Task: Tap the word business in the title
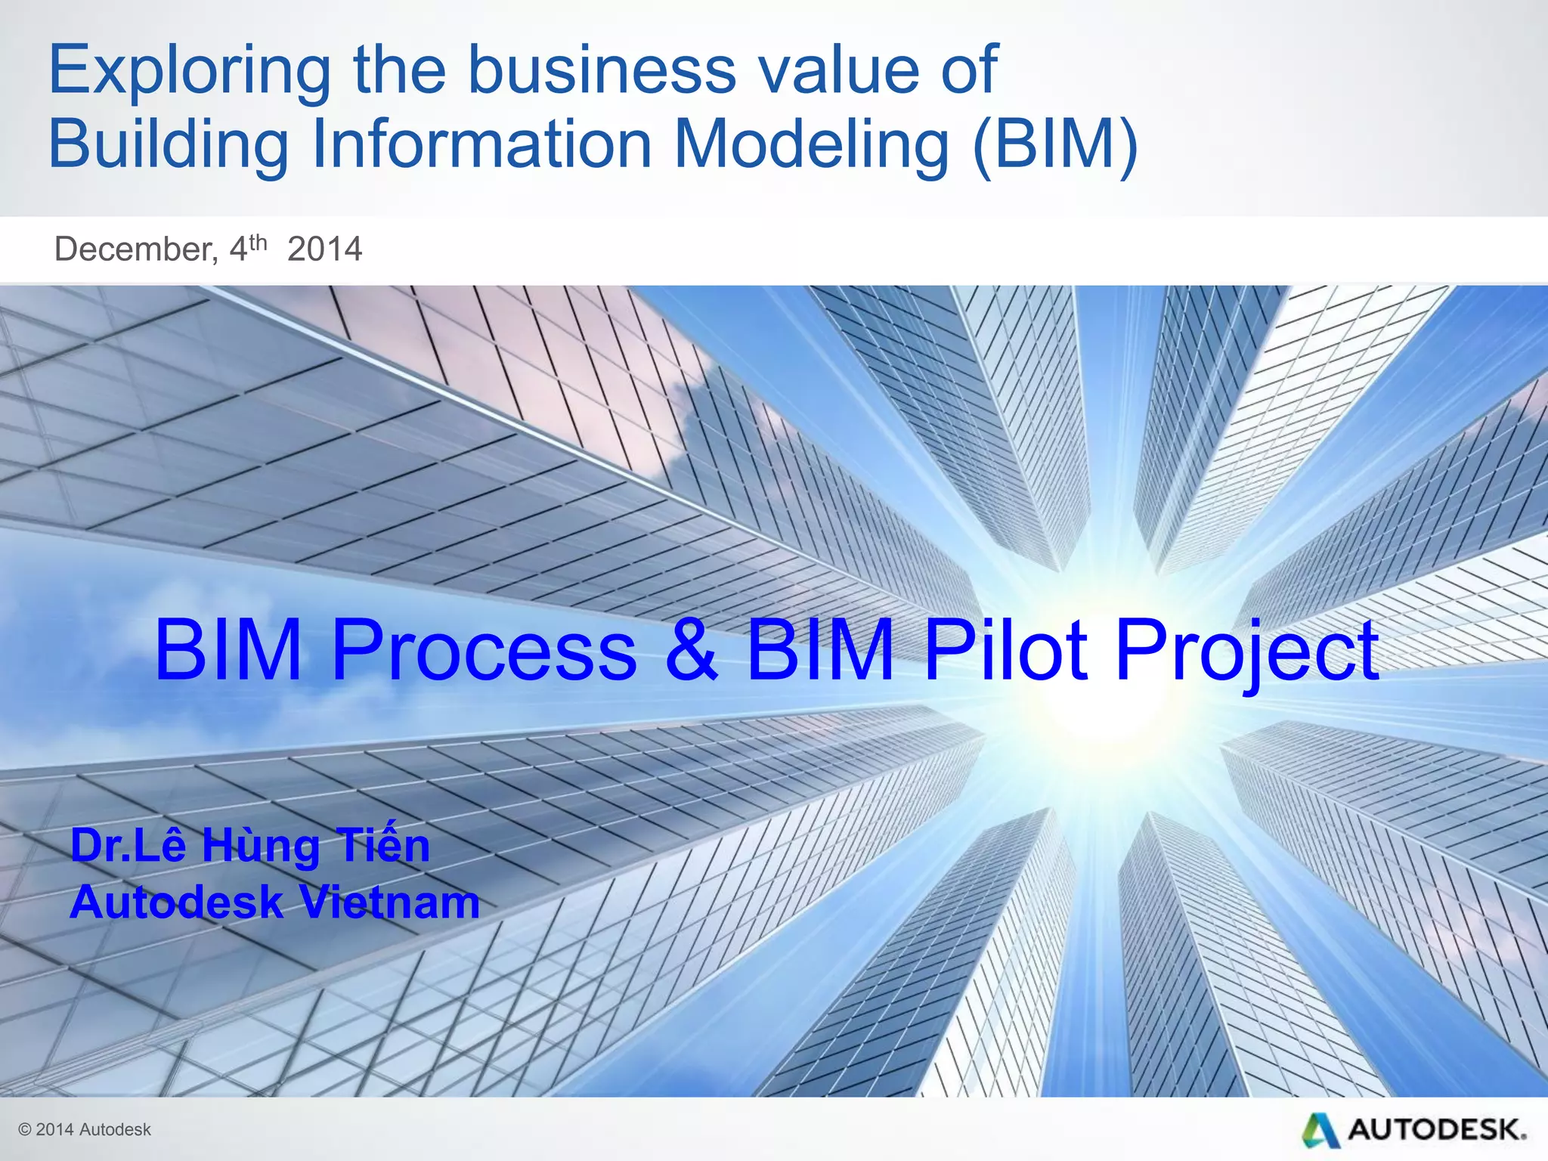point(602,70)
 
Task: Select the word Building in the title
point(168,145)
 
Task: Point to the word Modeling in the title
point(811,145)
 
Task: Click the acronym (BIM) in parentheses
point(1056,145)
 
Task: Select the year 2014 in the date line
point(325,249)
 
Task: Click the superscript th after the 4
point(259,242)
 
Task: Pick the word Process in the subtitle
point(484,650)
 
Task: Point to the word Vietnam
point(389,902)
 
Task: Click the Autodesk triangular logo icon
point(1320,1129)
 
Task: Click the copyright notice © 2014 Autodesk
point(85,1129)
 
